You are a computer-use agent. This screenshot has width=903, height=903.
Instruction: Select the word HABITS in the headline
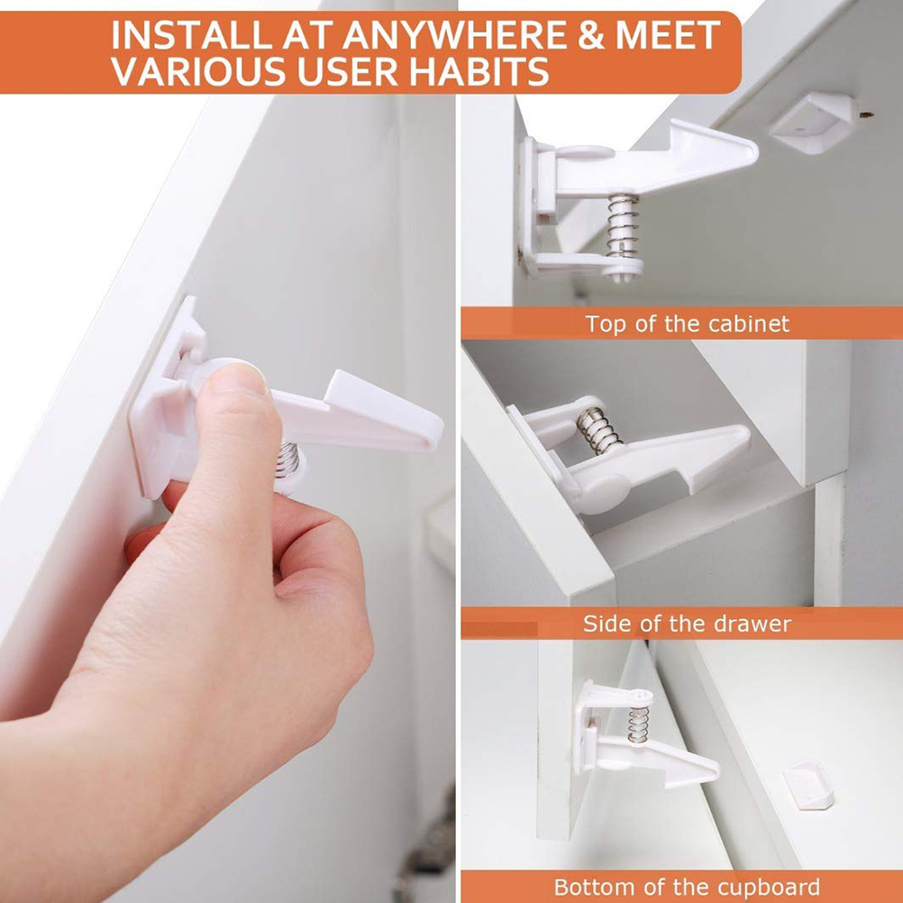[x=479, y=71]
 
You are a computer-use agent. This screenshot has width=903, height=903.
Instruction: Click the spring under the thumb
[x=287, y=459]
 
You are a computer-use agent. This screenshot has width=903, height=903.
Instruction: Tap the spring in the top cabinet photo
[x=623, y=225]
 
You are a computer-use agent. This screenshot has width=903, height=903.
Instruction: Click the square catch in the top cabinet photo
[x=814, y=122]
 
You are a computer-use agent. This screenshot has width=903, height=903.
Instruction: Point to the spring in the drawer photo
[x=597, y=430]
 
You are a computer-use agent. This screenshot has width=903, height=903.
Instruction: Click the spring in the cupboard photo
[x=638, y=725]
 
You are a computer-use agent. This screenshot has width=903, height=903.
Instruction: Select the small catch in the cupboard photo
[x=808, y=785]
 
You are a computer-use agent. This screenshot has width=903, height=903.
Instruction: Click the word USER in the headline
[x=351, y=71]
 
